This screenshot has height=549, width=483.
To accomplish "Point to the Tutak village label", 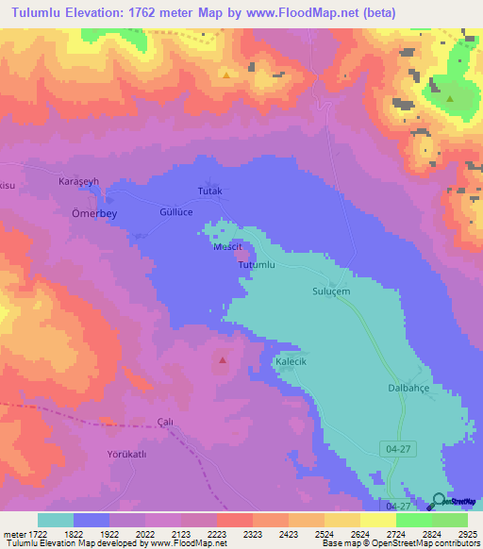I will pyautogui.click(x=209, y=191).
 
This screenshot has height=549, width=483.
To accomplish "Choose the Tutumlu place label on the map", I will pyautogui.click(x=256, y=266).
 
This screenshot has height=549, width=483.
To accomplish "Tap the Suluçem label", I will pyautogui.click(x=331, y=292).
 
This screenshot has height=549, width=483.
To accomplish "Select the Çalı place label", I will pyautogui.click(x=165, y=422).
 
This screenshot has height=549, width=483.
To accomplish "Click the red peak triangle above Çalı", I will pyautogui.click(x=223, y=359).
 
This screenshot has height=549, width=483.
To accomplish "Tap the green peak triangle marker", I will pyautogui.click(x=450, y=98).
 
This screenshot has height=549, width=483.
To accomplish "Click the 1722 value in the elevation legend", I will pyautogui.click(x=32, y=534).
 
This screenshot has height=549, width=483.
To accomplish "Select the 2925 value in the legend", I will pyautogui.click(x=467, y=534).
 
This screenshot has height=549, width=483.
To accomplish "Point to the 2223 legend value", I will pyautogui.click(x=216, y=534).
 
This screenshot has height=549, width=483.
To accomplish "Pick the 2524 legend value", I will pyautogui.click(x=324, y=534).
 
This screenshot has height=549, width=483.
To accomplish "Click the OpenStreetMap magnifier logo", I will pyautogui.click(x=438, y=500).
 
